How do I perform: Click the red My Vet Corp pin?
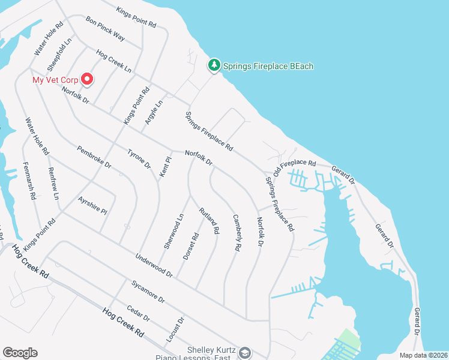pyautogui.click(x=87, y=79)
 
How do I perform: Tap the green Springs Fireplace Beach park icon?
pyautogui.click(x=214, y=65)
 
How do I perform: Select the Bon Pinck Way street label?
pyautogui.click(x=105, y=28)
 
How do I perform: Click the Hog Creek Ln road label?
pyautogui.click(x=113, y=61)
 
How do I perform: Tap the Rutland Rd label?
pyautogui.click(x=209, y=220)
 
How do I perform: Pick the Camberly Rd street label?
pyautogui.click(x=237, y=232)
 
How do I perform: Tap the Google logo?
pyautogui.click(x=20, y=352)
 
